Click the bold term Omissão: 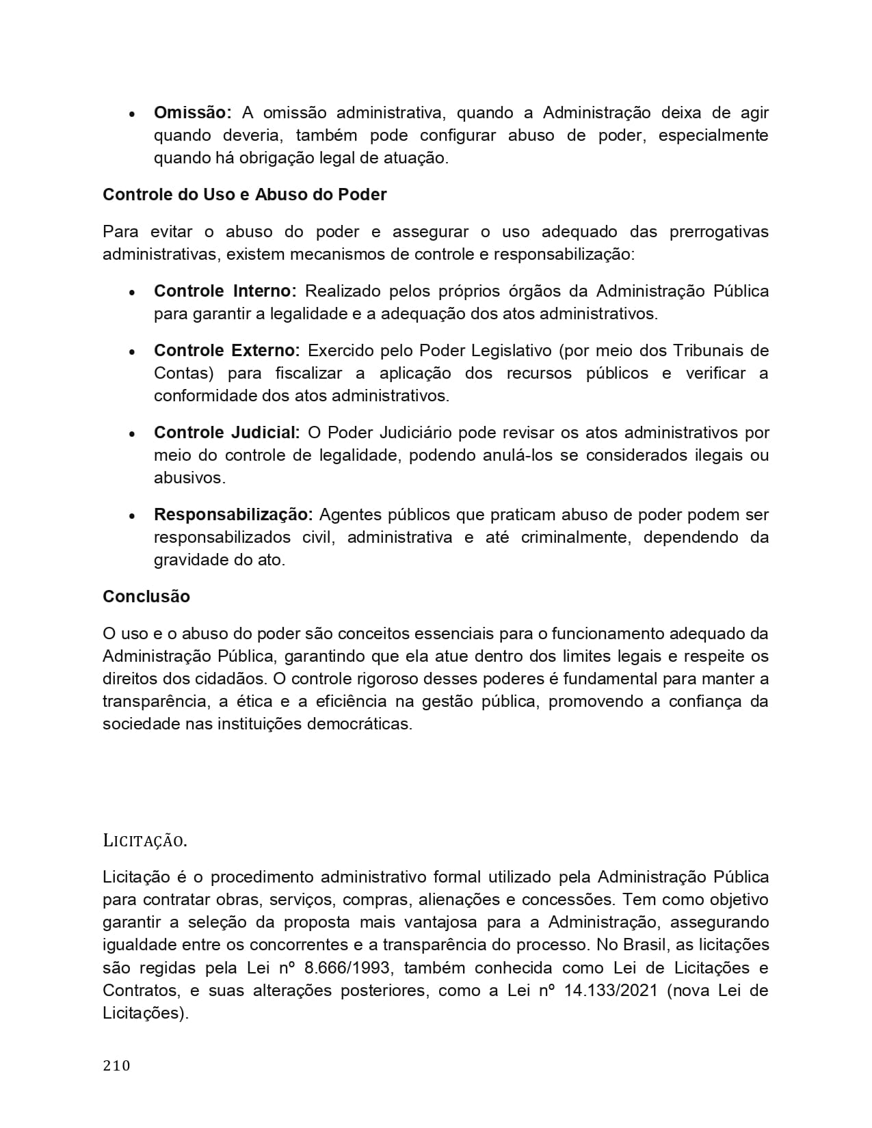tap(193, 113)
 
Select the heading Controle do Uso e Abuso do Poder tap(244, 195)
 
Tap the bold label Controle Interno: tap(225, 291)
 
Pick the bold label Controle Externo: tap(226, 351)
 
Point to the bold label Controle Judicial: tap(226, 433)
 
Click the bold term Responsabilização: tap(233, 515)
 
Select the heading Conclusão tap(146, 597)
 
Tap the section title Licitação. tap(144, 841)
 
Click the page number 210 tap(116, 1065)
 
